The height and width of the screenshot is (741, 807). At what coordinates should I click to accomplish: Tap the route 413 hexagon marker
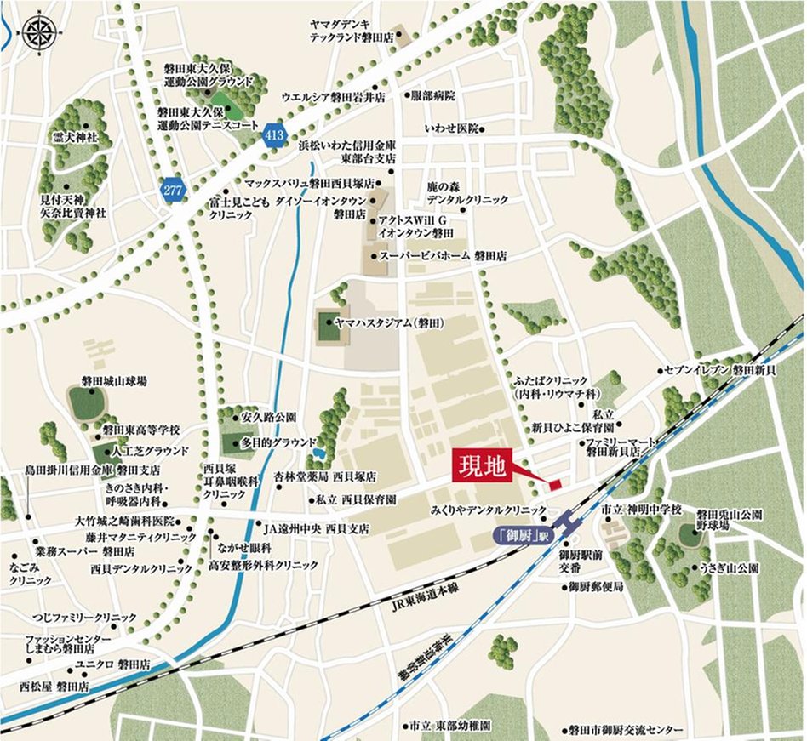click(x=274, y=135)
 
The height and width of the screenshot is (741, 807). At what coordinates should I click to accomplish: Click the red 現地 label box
click(x=483, y=465)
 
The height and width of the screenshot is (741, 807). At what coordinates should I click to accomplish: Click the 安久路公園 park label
click(x=269, y=418)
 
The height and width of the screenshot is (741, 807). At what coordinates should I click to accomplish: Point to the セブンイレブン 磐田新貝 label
click(x=723, y=371)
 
